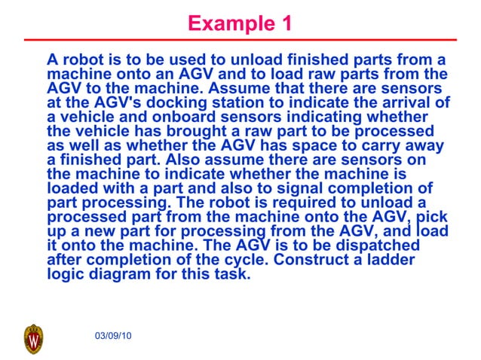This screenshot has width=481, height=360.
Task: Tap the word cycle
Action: coord(246,261)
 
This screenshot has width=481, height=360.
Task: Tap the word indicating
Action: coord(329,117)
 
